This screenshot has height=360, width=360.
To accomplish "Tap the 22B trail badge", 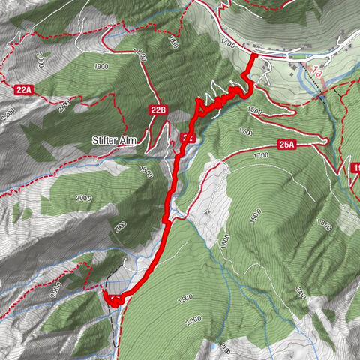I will [157, 110].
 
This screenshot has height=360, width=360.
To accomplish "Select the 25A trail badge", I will [286, 145].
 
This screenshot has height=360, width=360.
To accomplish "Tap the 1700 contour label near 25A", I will [260, 156].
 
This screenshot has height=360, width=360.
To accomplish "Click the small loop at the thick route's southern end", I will [113, 299].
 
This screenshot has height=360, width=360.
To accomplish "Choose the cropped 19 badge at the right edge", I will [355, 169].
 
